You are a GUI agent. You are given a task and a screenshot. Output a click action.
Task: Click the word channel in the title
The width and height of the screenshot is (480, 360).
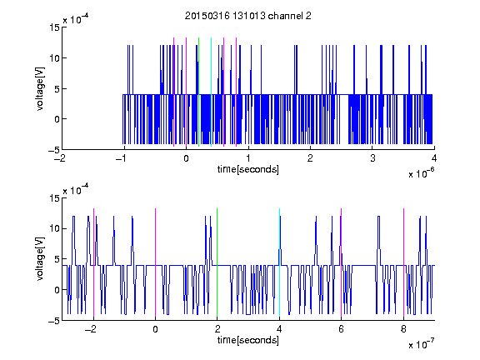[x=285, y=16]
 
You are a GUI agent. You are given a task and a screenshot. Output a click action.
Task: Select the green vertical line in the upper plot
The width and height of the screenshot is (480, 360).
[x=198, y=92]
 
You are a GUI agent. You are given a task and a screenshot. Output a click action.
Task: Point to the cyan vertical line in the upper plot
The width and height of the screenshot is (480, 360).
[x=211, y=92]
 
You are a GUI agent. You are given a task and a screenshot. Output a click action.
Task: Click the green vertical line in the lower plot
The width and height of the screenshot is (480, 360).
[x=217, y=262]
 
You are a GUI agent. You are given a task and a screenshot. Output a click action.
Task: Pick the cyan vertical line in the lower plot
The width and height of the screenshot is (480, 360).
[x=279, y=262]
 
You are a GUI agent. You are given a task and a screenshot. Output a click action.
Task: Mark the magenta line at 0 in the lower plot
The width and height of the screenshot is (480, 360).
[x=155, y=262]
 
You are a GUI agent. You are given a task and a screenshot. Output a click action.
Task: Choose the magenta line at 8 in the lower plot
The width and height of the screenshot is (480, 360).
[x=403, y=262]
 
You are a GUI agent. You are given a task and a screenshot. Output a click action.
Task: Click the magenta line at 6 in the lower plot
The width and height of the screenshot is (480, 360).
[x=341, y=262]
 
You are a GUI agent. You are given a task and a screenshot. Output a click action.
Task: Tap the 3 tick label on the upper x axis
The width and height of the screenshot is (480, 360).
[x=372, y=158]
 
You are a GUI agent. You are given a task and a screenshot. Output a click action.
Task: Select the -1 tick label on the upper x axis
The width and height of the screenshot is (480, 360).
[x=122, y=158]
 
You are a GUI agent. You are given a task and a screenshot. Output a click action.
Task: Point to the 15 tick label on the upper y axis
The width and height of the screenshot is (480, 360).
[x=54, y=27]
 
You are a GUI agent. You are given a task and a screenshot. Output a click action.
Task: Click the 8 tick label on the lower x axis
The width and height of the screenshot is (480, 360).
[x=403, y=329]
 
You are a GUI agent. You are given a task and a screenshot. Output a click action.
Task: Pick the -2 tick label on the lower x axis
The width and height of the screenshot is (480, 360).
[x=91, y=329]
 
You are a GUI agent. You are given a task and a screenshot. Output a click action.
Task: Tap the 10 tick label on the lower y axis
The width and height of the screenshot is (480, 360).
[x=54, y=228]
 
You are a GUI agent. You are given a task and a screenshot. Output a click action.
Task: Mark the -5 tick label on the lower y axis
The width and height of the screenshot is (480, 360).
[x=53, y=321]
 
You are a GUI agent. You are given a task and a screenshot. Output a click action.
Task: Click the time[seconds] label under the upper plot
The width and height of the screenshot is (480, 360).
[x=248, y=169]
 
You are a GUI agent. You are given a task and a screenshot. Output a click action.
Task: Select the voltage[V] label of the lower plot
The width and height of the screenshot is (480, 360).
[x=40, y=259]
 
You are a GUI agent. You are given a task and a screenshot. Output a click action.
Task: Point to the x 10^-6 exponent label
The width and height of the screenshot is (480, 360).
[x=421, y=173]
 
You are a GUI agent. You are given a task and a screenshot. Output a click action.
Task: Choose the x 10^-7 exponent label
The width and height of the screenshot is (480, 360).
[x=421, y=344]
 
